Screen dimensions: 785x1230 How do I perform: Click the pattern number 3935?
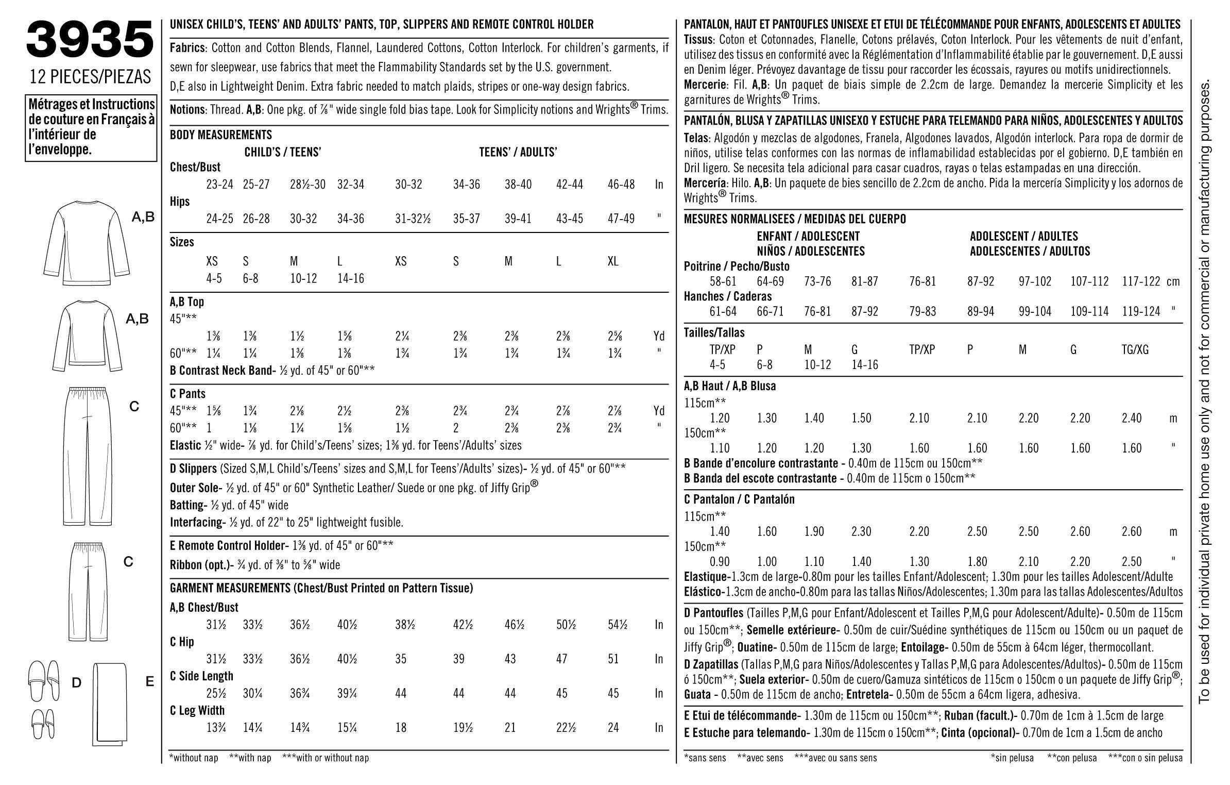click(x=90, y=40)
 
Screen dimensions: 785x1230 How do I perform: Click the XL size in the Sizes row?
click(x=613, y=261)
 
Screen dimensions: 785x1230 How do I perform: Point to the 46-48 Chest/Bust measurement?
click(x=621, y=184)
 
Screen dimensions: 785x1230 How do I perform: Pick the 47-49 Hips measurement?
click(x=621, y=219)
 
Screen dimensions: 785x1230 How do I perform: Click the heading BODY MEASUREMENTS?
click(x=221, y=135)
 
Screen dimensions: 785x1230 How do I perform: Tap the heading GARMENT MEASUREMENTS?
click(x=321, y=588)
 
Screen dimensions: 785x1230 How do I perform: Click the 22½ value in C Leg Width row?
click(x=566, y=728)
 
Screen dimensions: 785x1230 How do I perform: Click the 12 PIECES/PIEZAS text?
click(x=90, y=76)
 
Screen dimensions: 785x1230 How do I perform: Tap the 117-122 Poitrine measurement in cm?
click(x=1141, y=281)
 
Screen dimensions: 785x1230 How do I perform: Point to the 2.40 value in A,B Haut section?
click(x=1132, y=418)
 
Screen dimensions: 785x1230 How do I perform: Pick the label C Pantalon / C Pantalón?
click(x=739, y=499)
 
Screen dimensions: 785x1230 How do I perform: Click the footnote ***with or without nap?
click(x=326, y=758)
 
